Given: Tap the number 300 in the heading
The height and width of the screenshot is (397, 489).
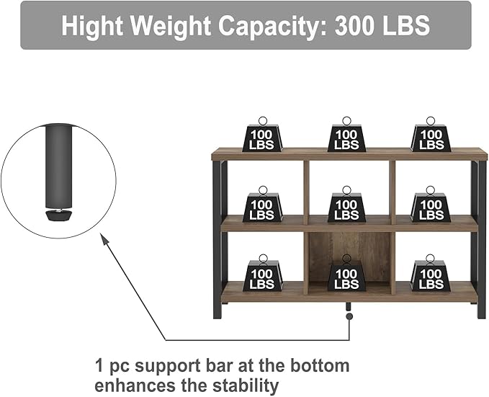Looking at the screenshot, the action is [x=355, y=25].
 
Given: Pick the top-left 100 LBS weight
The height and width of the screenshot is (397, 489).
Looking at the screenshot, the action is [x=263, y=135].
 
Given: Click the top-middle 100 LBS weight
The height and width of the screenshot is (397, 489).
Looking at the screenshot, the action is [x=346, y=135].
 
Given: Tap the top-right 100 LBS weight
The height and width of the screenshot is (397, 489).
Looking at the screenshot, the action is [x=431, y=135].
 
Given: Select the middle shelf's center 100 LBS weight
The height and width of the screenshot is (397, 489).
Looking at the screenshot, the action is [x=346, y=204].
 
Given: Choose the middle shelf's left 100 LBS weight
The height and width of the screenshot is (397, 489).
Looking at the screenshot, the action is [x=263, y=204].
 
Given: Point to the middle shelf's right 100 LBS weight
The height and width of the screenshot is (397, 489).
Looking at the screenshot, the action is [x=431, y=204].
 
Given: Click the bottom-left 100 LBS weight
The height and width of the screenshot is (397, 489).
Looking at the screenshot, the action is [x=263, y=273].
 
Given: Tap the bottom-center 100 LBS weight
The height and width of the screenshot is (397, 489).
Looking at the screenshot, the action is [x=346, y=273].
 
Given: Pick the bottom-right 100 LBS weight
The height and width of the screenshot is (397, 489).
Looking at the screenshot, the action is [x=431, y=273].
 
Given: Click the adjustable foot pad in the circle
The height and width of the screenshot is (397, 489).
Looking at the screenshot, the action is [x=58, y=215].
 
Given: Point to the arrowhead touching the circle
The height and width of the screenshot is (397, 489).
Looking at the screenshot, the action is [x=104, y=238].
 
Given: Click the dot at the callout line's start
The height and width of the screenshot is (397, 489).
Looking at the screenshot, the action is [x=349, y=316].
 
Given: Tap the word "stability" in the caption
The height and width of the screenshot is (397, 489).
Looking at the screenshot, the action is [x=245, y=385].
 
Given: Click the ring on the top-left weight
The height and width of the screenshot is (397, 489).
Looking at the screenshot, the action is [x=263, y=121].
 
